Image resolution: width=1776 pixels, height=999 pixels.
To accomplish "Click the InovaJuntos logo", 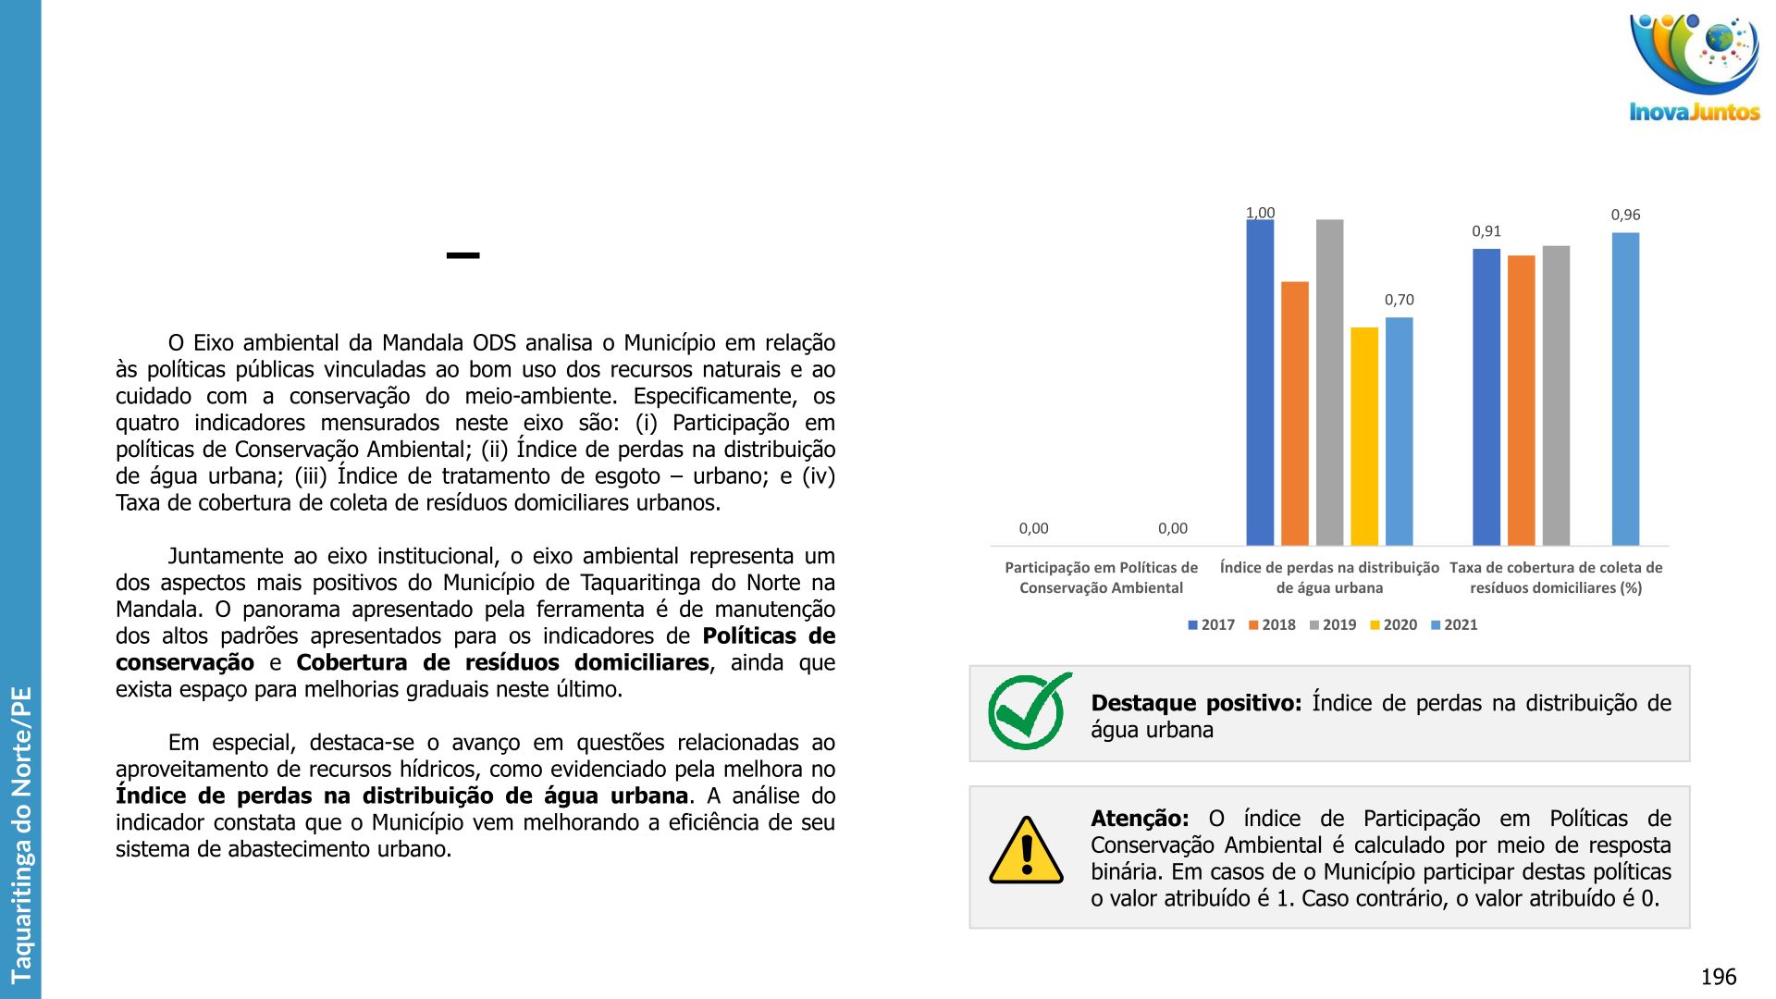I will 1694,67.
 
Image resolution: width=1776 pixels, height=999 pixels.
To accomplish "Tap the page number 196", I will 1718,977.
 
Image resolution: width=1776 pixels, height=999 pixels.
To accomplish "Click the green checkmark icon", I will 1028,711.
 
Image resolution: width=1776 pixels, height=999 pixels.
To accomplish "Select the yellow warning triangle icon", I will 1026,851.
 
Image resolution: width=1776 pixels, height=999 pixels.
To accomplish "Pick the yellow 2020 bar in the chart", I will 1363,436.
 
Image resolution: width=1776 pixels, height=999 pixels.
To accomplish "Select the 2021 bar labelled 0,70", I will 1399,431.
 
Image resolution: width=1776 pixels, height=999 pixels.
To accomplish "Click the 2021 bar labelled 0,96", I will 1625,388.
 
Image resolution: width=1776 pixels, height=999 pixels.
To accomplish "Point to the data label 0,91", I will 1486,231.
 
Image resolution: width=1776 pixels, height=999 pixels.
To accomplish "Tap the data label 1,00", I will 1260,213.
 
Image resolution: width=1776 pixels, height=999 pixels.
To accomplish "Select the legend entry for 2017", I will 1212,625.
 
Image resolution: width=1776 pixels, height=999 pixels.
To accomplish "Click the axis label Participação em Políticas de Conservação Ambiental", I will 1101,577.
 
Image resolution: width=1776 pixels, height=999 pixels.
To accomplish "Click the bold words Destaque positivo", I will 1195,703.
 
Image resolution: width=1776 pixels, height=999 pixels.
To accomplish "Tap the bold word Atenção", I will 1139,819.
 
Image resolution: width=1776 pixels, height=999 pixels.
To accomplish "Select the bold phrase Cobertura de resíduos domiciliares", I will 502,662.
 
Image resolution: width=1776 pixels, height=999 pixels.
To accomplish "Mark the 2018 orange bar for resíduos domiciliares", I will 1521,400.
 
